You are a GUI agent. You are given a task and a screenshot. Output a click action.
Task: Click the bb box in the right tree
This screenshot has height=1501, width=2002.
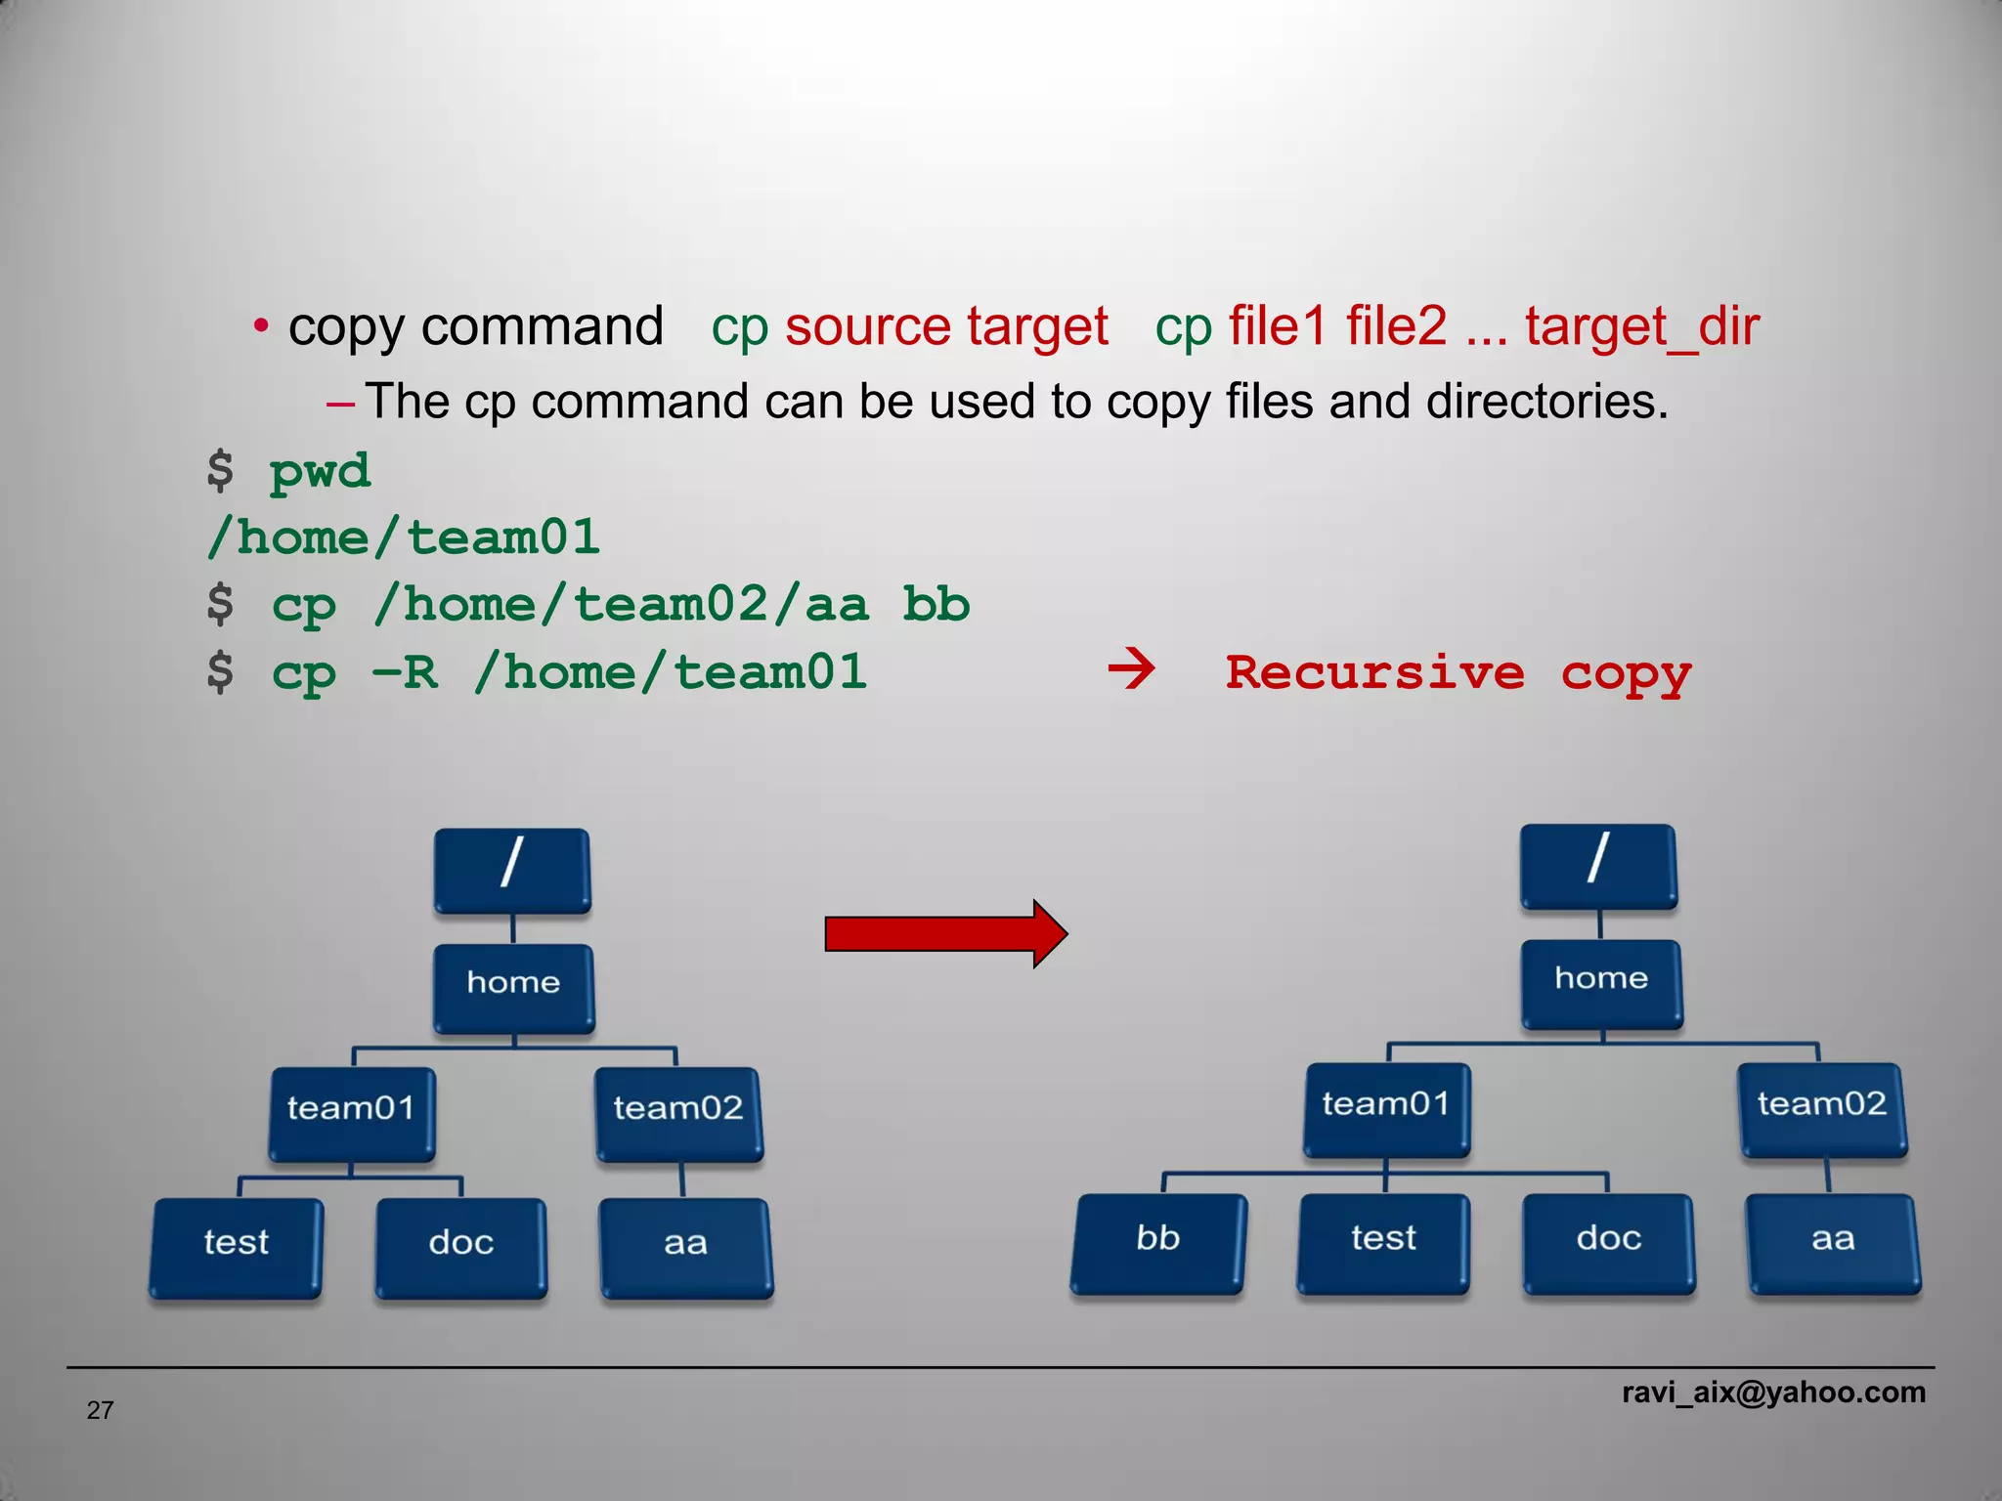(x=1158, y=1241)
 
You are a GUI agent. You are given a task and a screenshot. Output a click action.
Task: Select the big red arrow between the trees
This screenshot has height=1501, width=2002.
(x=944, y=934)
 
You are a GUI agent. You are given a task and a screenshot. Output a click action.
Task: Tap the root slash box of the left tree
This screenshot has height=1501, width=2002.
(x=512, y=870)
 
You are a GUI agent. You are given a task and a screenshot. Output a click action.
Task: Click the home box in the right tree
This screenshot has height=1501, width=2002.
(x=1601, y=982)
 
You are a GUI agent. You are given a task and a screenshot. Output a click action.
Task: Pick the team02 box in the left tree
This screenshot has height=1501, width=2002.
(x=678, y=1112)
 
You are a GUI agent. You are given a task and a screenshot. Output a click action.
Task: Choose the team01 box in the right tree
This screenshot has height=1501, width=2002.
(x=1386, y=1108)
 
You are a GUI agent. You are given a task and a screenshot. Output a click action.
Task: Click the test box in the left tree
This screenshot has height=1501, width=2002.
(x=236, y=1246)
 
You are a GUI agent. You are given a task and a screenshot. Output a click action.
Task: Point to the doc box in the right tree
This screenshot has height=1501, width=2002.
(x=1609, y=1241)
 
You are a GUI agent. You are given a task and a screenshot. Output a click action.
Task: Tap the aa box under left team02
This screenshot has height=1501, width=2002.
(x=685, y=1246)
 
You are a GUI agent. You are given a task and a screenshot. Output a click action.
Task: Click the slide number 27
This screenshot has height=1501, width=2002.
(x=100, y=1410)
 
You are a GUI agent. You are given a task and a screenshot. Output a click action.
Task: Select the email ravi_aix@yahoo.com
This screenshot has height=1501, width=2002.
(x=1773, y=1392)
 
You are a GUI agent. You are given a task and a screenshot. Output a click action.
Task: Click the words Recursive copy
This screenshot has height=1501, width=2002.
(x=1458, y=673)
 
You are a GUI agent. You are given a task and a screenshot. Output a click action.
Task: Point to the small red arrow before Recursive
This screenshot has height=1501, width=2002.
(x=1131, y=670)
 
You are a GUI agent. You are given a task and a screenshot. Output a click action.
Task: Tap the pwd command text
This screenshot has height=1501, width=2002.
(x=320, y=472)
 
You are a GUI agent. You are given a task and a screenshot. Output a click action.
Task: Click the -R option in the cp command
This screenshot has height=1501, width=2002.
(x=404, y=672)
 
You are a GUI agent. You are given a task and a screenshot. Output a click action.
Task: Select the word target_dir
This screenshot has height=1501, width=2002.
(x=1641, y=327)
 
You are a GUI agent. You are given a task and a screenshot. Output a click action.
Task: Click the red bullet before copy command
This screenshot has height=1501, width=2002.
(x=260, y=326)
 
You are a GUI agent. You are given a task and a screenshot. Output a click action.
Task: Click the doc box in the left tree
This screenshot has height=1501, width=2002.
(x=460, y=1246)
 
